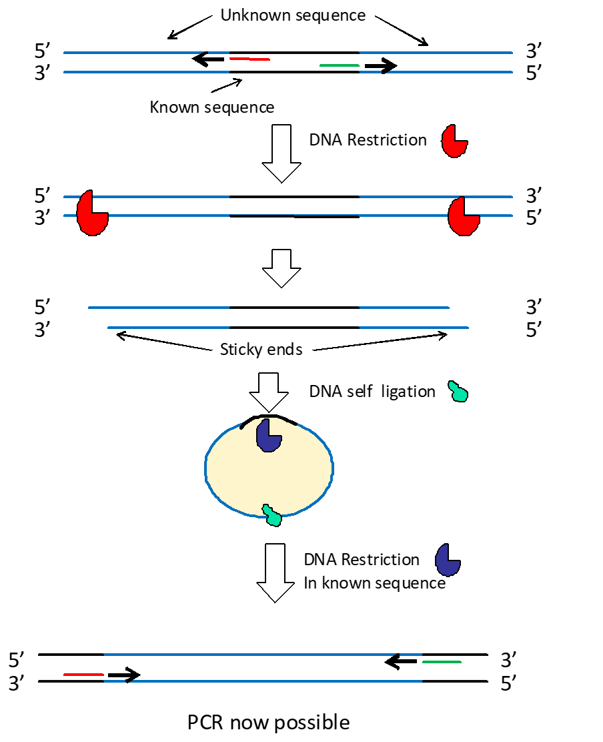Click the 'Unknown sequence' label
(x=293, y=15)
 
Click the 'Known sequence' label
(x=211, y=107)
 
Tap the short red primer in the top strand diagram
(x=249, y=59)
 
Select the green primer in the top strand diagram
(x=340, y=65)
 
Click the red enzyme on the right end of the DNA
(x=462, y=216)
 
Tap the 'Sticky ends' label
(x=261, y=350)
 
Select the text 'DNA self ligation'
(x=372, y=391)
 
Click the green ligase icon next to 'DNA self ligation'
(x=458, y=391)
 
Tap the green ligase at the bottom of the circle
(x=271, y=514)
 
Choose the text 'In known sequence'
(x=374, y=583)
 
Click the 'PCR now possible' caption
(x=269, y=722)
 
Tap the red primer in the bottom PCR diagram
(x=83, y=675)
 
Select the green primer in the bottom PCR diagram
(x=442, y=662)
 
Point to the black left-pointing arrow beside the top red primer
(x=208, y=59)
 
